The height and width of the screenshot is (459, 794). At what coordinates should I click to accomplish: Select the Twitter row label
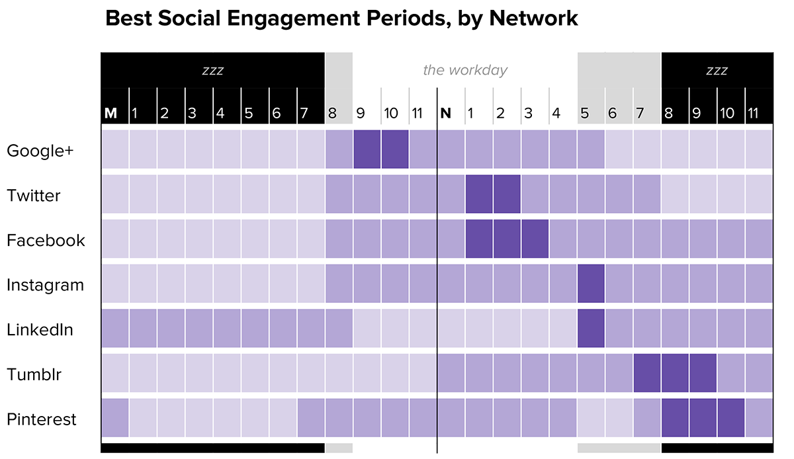pyautogui.click(x=33, y=196)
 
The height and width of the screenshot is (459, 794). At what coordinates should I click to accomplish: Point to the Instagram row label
pyautogui.click(x=45, y=285)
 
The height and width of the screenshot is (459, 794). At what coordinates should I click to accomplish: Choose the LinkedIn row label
pyautogui.click(x=40, y=329)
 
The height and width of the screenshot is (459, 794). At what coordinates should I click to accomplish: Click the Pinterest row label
pyautogui.click(x=41, y=419)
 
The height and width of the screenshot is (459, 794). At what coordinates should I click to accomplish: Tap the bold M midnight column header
pyautogui.click(x=110, y=113)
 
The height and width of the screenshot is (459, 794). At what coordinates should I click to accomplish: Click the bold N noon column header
pyautogui.click(x=446, y=113)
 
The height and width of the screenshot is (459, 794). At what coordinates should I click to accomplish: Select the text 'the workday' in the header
pyautogui.click(x=465, y=70)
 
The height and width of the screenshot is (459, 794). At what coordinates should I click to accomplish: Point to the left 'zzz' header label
pyautogui.click(x=212, y=70)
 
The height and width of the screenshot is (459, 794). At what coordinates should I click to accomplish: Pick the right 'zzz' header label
pyautogui.click(x=717, y=70)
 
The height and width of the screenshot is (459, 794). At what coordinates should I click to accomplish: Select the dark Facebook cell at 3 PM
pyautogui.click(x=535, y=239)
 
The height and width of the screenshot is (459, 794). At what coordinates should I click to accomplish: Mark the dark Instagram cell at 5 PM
pyautogui.click(x=591, y=284)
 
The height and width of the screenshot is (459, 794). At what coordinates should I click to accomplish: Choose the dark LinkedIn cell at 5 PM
pyautogui.click(x=591, y=328)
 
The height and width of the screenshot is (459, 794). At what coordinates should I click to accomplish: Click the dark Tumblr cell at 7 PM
pyautogui.click(x=646, y=373)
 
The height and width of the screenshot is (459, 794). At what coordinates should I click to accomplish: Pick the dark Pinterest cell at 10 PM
pyautogui.click(x=730, y=418)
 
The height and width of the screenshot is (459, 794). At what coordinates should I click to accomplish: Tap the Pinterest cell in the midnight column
pyautogui.click(x=114, y=418)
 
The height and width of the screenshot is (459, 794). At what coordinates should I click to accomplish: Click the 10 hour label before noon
pyautogui.click(x=391, y=113)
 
